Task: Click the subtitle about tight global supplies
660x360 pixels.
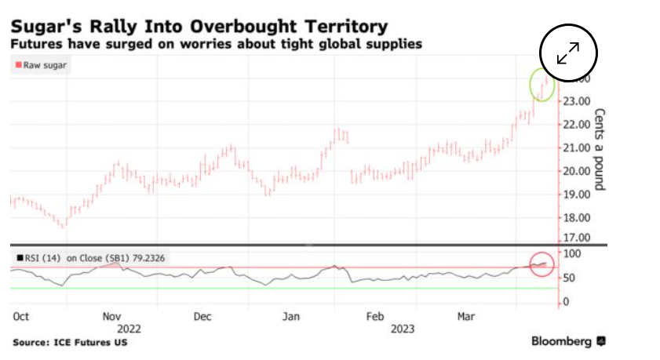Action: [x=217, y=44]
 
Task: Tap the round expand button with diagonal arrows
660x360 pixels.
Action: [x=569, y=53]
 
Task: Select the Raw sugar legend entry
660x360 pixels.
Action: [x=41, y=66]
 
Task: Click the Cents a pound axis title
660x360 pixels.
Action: [x=600, y=149]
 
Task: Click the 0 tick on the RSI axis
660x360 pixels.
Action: [x=565, y=301]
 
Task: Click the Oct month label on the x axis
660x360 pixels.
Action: [x=21, y=316]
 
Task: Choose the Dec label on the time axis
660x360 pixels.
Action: [x=203, y=316]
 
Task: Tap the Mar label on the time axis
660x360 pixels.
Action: [x=467, y=316]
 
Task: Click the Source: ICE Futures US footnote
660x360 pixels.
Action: [x=70, y=343]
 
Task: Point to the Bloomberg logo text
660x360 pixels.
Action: [x=561, y=341]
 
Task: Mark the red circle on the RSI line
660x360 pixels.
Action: [x=542, y=264]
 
